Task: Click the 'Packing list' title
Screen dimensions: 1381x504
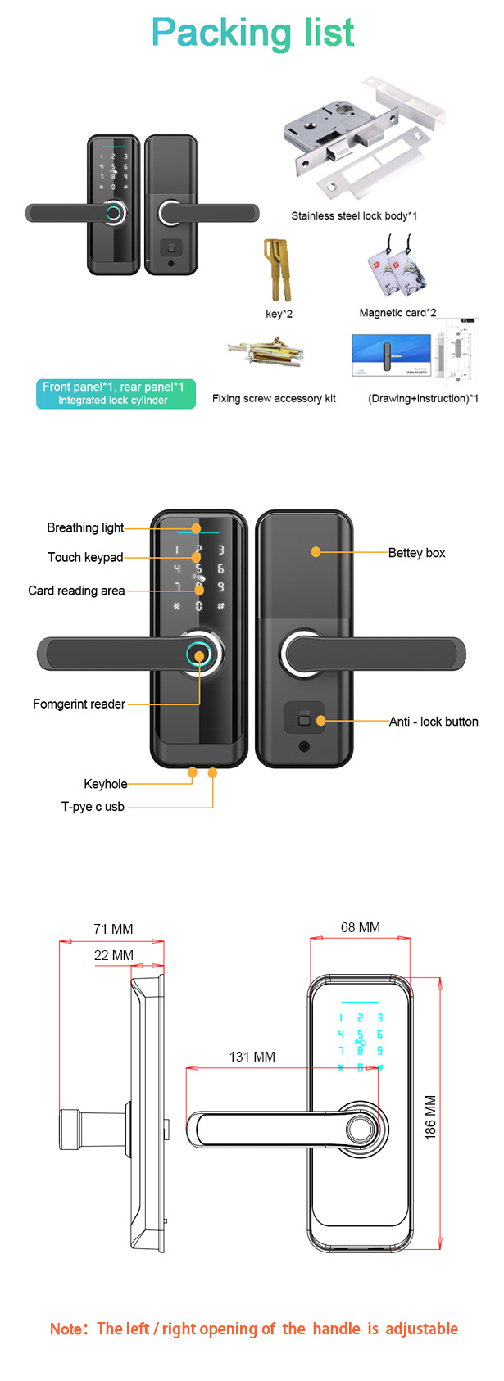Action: [252, 34]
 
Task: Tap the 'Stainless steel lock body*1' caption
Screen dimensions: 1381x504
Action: [354, 216]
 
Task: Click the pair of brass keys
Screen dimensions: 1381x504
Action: [278, 270]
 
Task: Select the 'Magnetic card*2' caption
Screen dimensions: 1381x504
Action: [397, 313]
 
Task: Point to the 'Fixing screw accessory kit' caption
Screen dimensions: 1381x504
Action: [274, 399]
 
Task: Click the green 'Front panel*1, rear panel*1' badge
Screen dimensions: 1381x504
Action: [116, 394]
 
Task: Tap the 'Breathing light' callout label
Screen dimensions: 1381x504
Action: [85, 527]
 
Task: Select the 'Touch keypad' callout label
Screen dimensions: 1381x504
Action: [85, 557]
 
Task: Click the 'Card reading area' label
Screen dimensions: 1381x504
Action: [76, 591]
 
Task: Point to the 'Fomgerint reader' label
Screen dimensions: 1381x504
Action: [79, 704]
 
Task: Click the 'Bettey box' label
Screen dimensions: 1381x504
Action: [416, 553]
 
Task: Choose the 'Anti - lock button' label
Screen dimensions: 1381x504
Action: [434, 722]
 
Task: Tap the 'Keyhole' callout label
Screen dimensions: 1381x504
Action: [105, 784]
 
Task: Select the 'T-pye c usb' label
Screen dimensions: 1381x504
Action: [93, 807]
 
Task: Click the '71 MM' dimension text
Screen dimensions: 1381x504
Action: [113, 929]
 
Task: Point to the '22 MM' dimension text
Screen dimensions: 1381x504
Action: [113, 955]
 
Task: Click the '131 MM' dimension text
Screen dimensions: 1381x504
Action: [252, 1057]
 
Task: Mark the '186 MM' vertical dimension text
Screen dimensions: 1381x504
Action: [430, 1117]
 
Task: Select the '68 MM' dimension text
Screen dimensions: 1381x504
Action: [361, 927]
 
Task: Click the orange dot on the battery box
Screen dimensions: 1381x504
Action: [316, 552]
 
